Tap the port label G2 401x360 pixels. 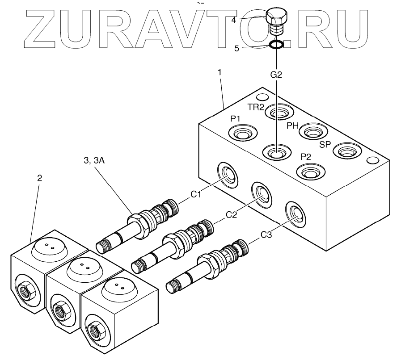[x=276, y=75]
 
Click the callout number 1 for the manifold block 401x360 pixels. [x=219, y=71]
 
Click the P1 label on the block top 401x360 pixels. [x=236, y=118]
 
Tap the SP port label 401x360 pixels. [x=325, y=145]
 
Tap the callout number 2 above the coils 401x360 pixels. [x=40, y=178]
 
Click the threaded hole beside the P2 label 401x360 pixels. [x=309, y=172]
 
